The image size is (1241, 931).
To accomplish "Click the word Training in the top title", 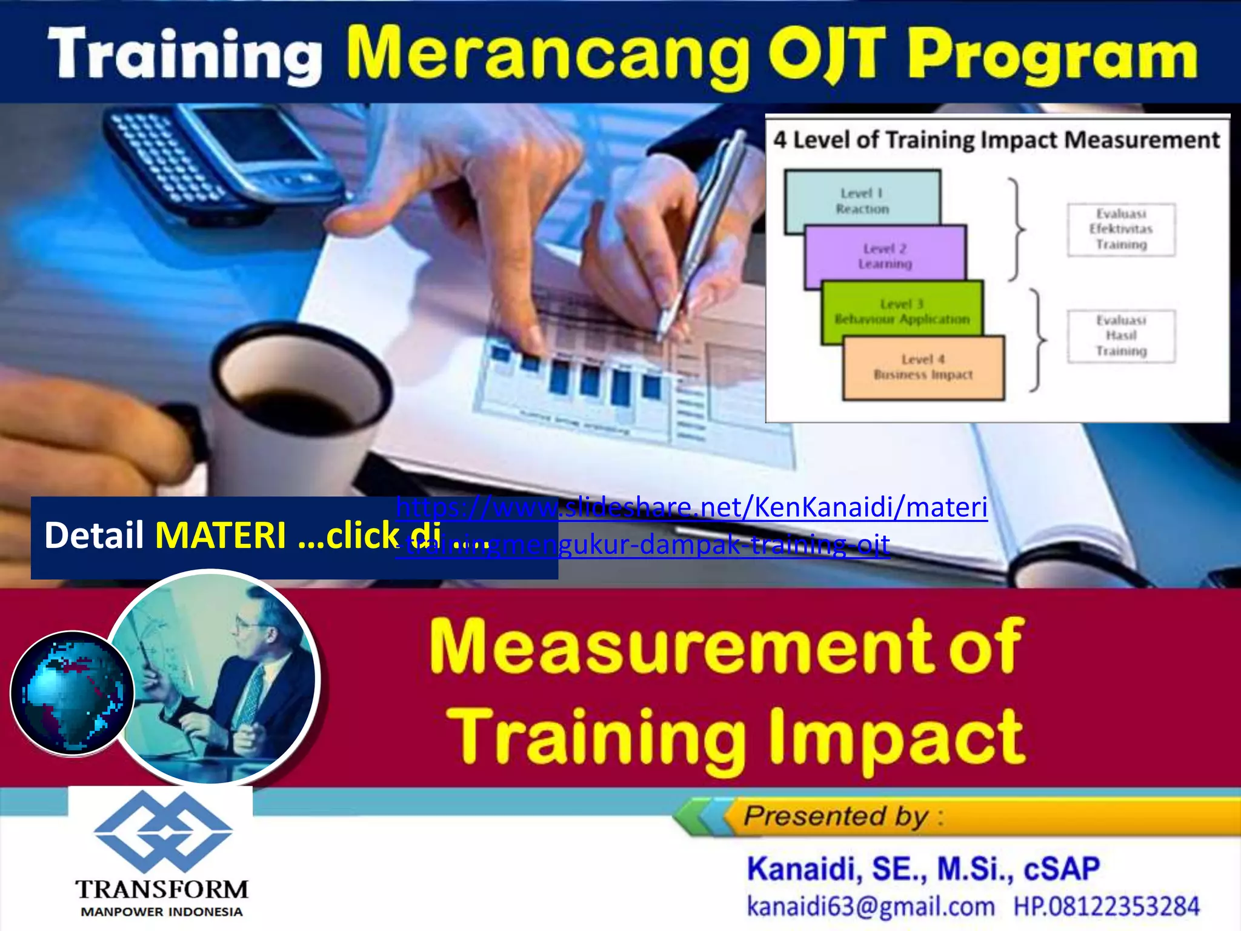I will tap(185, 56).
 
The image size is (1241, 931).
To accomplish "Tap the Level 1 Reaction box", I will tap(862, 200).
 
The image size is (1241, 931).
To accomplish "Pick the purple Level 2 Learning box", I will tap(885, 256).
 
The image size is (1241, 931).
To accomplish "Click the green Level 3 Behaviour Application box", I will tap(902, 311).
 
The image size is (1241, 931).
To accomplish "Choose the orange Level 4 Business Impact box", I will tap(923, 367).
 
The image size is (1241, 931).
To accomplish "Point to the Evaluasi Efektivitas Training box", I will tap(1121, 229).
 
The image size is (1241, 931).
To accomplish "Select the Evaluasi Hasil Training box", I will tap(1121, 336).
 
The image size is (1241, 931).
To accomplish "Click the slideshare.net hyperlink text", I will tap(691, 508).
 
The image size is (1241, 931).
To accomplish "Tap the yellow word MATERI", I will tap(221, 536).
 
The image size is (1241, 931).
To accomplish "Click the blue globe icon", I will tap(72, 693).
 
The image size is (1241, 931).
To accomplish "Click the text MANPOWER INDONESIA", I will tap(162, 912).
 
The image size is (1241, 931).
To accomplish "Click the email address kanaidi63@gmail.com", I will tap(870, 907).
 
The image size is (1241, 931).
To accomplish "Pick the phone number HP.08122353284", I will tap(1106, 907).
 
